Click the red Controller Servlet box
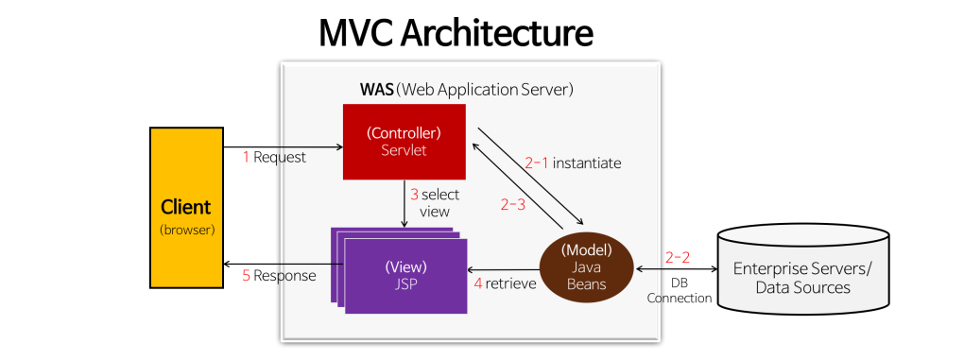(x=404, y=141)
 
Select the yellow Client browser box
(x=186, y=208)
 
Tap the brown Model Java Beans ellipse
(x=586, y=267)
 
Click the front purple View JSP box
(x=406, y=275)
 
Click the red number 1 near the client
(x=246, y=157)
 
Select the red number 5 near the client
(x=246, y=276)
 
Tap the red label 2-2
(x=678, y=257)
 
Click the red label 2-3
(x=512, y=204)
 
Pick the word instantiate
(x=587, y=163)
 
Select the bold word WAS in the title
(x=376, y=90)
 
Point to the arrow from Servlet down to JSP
(x=405, y=203)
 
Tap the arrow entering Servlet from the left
(x=312, y=146)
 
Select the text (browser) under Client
(x=186, y=229)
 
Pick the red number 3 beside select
(x=414, y=195)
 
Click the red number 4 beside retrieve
(x=477, y=283)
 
